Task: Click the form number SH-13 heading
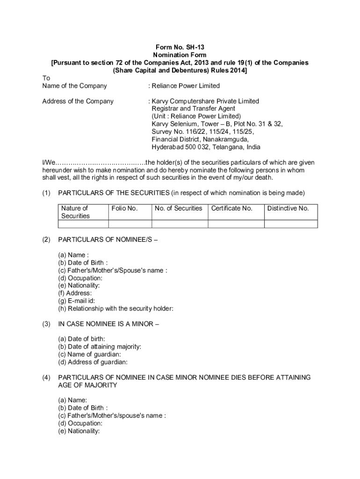pyautogui.click(x=180, y=47)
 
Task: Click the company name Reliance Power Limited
pyautogui.click(x=184, y=86)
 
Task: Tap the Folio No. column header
pyautogui.click(x=124, y=208)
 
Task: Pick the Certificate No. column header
pyautogui.click(x=232, y=208)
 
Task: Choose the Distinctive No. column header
pyautogui.click(x=288, y=208)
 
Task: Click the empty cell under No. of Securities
pyautogui.click(x=180, y=224)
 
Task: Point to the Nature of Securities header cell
pyautogui.click(x=75, y=212)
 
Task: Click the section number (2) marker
pyautogui.click(x=46, y=239)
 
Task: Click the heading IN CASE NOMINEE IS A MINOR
pyautogui.click(x=108, y=324)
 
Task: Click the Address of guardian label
pyautogui.click(x=93, y=362)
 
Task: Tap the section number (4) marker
pyautogui.click(x=46, y=377)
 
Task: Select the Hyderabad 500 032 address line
pyautogui.click(x=206, y=146)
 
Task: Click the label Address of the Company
pyautogui.click(x=78, y=101)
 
